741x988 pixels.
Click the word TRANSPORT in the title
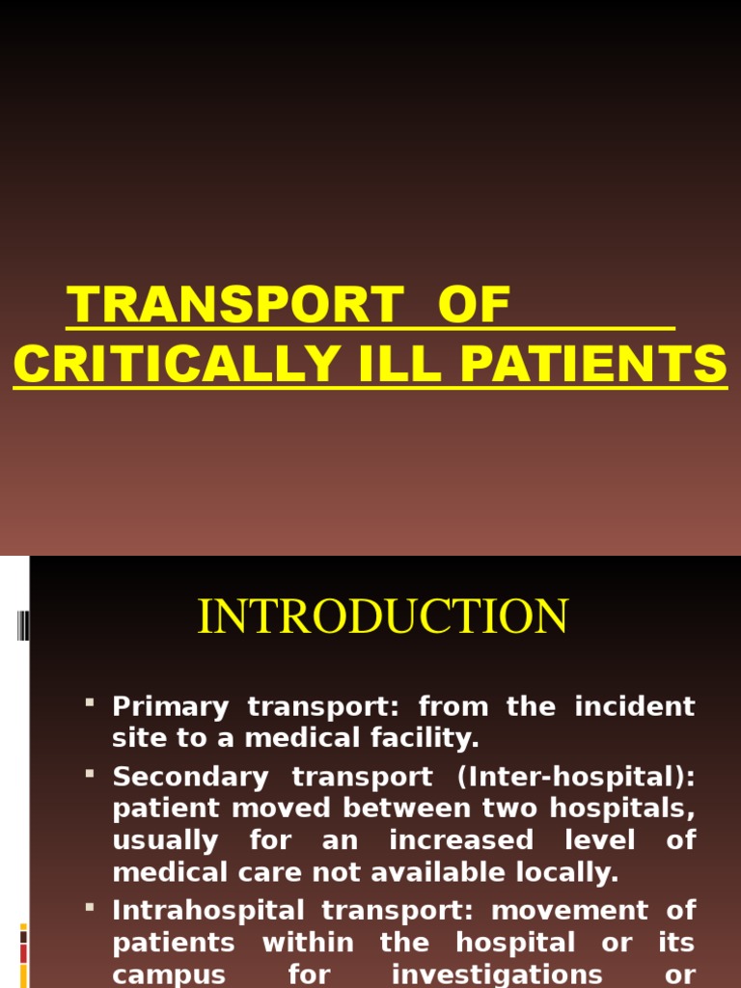tap(233, 307)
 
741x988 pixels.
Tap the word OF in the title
tap(473, 307)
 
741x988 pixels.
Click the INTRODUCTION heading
tap(383, 617)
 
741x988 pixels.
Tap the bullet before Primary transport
tap(90, 703)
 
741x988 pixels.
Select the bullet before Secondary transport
tap(90, 773)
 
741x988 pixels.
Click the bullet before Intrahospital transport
tap(90, 907)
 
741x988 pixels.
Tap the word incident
tap(635, 707)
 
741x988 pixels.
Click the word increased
tap(461, 840)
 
